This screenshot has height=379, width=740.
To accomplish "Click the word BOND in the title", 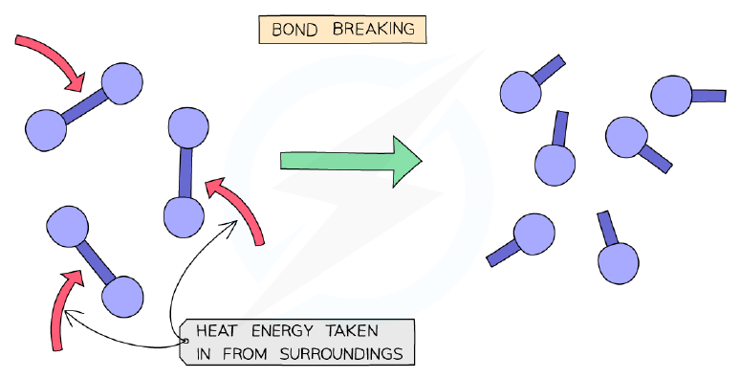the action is point(288,30).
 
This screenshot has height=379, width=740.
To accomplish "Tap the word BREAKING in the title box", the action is point(373,29).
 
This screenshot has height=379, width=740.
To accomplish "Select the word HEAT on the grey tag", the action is point(216,331).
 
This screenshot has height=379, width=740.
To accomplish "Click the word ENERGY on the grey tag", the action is point(281,331).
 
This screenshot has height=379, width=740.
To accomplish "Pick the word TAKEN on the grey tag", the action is point(352,331).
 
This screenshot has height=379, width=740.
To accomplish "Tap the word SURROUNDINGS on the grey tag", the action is point(341,354).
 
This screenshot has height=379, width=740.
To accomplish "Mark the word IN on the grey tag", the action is point(204,354).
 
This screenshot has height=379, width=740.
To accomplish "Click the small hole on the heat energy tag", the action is point(185,341).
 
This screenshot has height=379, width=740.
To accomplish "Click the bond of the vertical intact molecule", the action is point(185,172).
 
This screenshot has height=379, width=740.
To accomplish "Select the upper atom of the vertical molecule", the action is point(188,127).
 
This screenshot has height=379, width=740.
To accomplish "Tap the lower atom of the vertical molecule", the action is point(185,217).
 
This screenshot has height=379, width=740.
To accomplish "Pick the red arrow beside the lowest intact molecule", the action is point(60,307).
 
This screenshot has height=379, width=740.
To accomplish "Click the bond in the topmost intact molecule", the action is point(85,107).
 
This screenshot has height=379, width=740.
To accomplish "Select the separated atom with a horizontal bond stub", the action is point(671,96).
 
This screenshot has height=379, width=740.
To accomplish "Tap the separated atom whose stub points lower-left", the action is point(533,234).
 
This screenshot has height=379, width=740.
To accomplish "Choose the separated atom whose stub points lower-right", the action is point(627,138).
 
